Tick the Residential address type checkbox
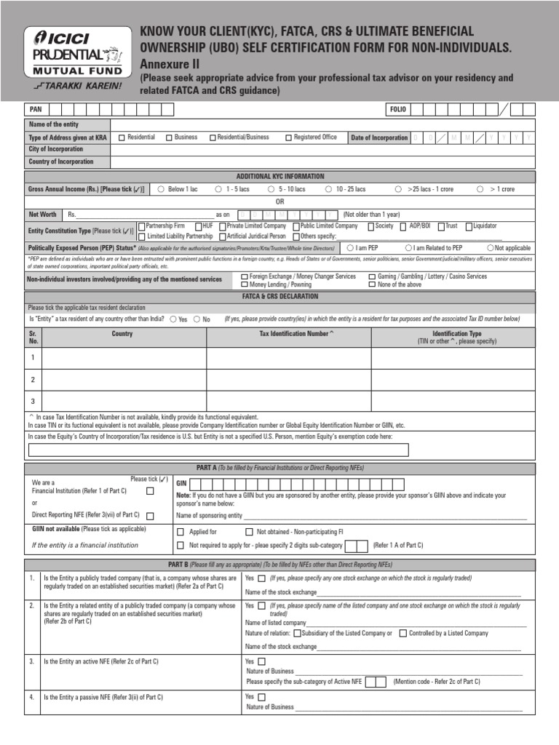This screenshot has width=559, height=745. point(122,138)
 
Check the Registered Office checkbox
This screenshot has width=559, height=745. point(288,138)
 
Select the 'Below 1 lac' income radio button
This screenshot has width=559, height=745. point(161,189)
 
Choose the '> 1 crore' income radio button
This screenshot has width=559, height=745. point(480,189)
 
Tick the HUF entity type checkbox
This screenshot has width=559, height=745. point(197,226)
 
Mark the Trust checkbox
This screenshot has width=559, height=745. point(441,226)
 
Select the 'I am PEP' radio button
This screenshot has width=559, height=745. point(350,248)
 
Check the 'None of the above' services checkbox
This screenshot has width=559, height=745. point(372,285)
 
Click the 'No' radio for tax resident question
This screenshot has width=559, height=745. point(197,319)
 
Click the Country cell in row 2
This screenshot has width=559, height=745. point(124,379)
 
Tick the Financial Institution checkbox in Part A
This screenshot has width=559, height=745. point(150,491)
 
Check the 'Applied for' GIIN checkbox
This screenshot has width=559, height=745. point(181,532)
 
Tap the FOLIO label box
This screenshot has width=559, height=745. point(398,110)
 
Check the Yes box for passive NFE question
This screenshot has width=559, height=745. point(262,696)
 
